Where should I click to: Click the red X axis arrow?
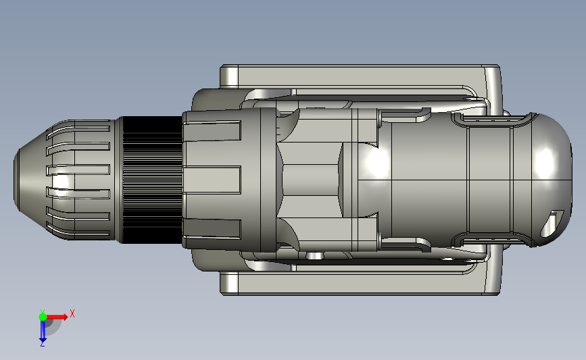coord(57,317)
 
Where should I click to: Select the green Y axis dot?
coord(43,317)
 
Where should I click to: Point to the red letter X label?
coord(72,313)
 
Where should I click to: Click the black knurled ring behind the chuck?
coord(151,180)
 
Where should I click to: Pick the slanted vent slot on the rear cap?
coord(552,224)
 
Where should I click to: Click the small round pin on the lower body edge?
coord(314,255)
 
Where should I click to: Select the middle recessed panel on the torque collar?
coord(212,180)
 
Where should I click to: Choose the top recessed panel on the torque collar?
coord(212,132)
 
